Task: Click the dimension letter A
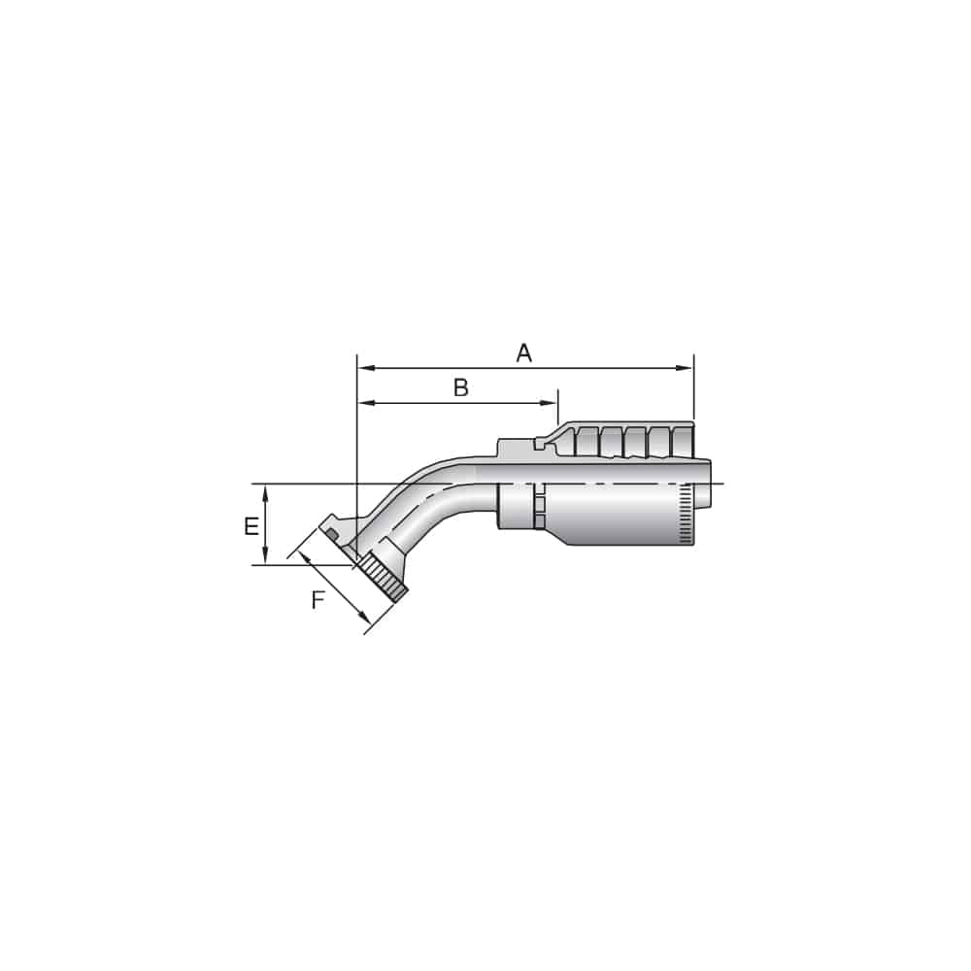(x=524, y=352)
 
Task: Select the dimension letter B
(x=461, y=388)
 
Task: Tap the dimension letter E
(x=251, y=527)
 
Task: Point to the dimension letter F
(x=318, y=601)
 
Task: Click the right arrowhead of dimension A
(x=686, y=368)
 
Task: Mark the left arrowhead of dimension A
(x=365, y=368)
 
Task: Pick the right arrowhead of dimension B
(x=551, y=403)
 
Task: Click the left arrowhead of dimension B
(x=365, y=403)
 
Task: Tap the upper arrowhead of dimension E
(x=265, y=492)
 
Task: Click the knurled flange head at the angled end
(x=383, y=579)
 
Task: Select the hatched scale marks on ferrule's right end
(x=686, y=512)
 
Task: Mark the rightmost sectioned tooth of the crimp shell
(x=684, y=440)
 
